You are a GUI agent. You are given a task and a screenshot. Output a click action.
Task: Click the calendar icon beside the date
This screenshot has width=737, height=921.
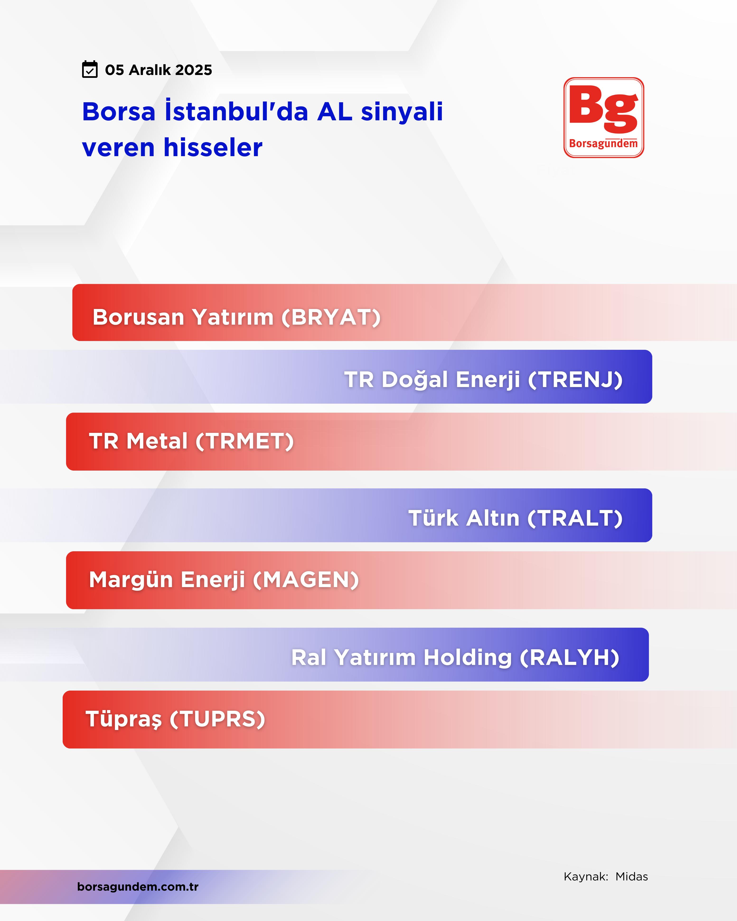tap(90, 69)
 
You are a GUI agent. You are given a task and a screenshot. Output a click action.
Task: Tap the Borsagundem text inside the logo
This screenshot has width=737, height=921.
tap(603, 144)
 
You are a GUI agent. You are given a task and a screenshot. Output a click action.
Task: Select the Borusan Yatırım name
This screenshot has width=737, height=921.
tap(183, 317)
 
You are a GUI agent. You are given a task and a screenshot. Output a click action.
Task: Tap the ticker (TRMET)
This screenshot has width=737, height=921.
tap(245, 441)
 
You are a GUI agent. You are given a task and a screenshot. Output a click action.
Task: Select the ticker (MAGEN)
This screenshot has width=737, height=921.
tap(306, 580)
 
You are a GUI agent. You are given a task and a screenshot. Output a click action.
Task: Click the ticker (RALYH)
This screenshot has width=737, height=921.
tap(569, 657)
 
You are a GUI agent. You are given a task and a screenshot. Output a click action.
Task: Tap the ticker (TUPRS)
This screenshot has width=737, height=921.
tap(217, 719)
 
